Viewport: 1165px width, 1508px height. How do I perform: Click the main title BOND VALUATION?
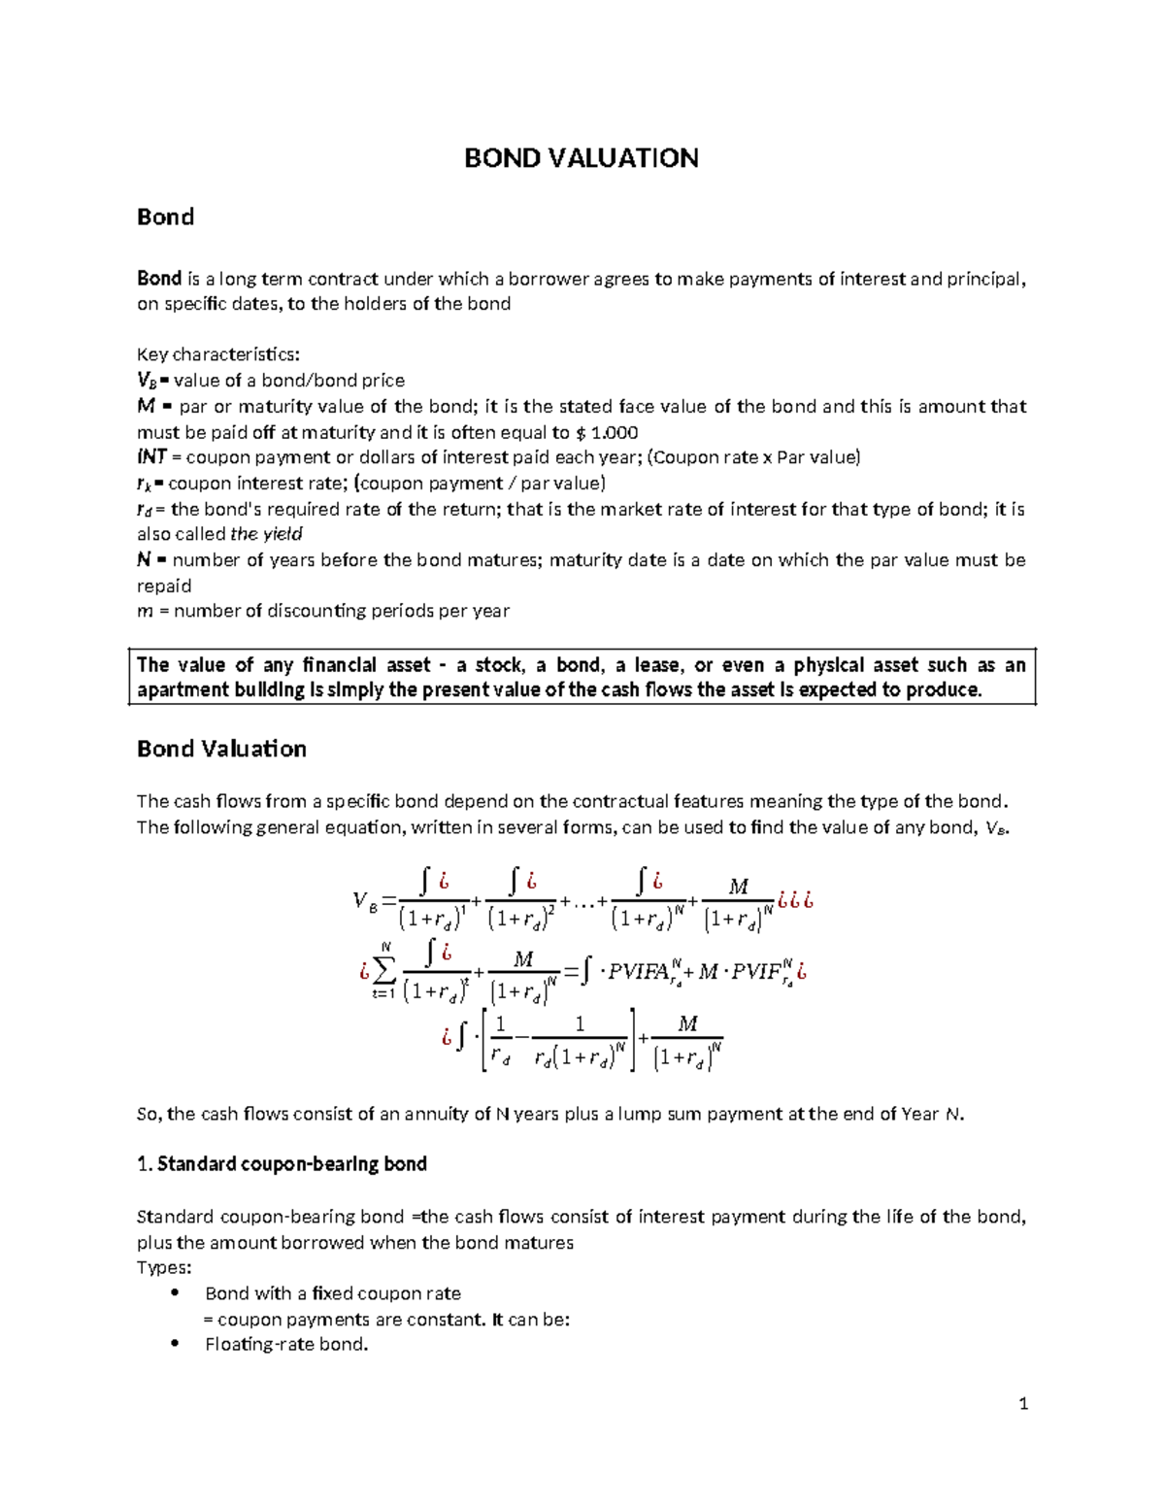tap(581, 158)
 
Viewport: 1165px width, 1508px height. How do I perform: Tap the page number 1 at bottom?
tap(1023, 1403)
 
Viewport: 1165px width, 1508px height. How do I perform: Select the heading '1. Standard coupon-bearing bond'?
tap(282, 1163)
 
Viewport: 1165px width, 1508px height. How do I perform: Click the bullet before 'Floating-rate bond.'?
tap(175, 1343)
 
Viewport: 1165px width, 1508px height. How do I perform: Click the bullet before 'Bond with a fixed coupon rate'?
tap(175, 1292)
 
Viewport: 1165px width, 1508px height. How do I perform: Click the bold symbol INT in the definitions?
tap(151, 456)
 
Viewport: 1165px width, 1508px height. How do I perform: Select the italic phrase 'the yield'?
tap(266, 533)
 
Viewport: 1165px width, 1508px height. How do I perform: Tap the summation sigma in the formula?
tap(384, 969)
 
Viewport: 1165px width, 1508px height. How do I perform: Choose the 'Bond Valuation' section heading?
tap(221, 749)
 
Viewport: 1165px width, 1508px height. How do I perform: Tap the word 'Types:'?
tap(164, 1267)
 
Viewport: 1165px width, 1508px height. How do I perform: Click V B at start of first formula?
tap(365, 901)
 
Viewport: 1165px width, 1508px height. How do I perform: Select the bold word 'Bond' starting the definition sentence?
tap(159, 279)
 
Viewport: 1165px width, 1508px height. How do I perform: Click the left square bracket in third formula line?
tap(484, 1040)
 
